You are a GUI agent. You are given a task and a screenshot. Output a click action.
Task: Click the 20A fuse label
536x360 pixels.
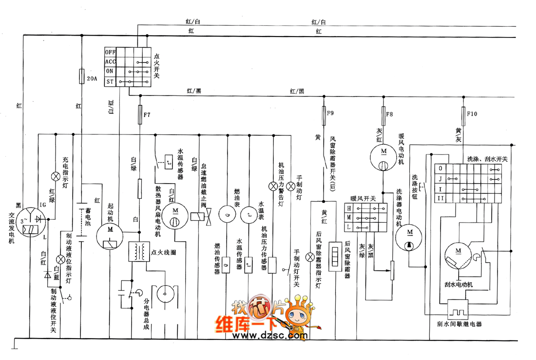[x=92, y=78]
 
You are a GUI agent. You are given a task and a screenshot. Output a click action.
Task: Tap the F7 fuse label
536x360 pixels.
[x=146, y=115]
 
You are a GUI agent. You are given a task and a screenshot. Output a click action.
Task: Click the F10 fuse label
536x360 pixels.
[x=472, y=115]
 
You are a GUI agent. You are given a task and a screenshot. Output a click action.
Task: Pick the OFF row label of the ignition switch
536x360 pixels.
[x=110, y=52]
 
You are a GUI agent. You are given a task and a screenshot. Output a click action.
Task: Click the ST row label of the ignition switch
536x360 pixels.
[x=110, y=82]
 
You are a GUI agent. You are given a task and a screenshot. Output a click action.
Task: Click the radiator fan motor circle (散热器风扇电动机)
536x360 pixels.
[x=173, y=215]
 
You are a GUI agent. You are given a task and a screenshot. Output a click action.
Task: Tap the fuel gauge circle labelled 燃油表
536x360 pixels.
[x=227, y=213]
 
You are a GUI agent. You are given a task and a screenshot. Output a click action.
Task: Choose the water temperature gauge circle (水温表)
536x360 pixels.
[x=249, y=213]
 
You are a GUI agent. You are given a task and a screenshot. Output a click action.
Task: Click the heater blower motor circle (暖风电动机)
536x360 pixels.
[x=383, y=158]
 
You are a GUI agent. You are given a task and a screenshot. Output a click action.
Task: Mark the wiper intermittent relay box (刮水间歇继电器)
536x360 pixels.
[x=458, y=310]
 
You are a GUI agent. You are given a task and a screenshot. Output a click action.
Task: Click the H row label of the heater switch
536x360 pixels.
[x=349, y=208]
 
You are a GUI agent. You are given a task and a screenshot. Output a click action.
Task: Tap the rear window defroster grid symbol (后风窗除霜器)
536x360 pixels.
[x=334, y=255]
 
